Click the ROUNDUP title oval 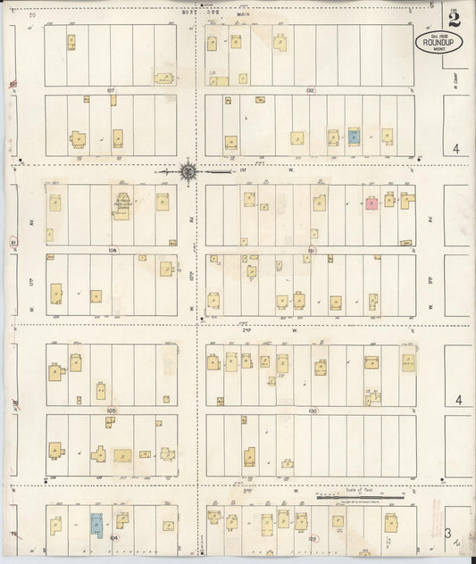pyautogui.click(x=438, y=41)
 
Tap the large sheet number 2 pyautogui.click(x=456, y=15)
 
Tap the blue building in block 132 pyautogui.click(x=354, y=137)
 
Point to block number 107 pyautogui.click(x=112, y=91)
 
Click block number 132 pyautogui.click(x=310, y=91)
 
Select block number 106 pyautogui.click(x=113, y=251)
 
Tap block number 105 pyautogui.click(x=112, y=411)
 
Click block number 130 pyautogui.click(x=312, y=411)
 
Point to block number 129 pyautogui.click(x=312, y=539)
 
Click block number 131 pyautogui.click(x=312, y=251)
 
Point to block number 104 pyautogui.click(x=113, y=539)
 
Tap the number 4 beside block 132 pyautogui.click(x=455, y=149)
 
